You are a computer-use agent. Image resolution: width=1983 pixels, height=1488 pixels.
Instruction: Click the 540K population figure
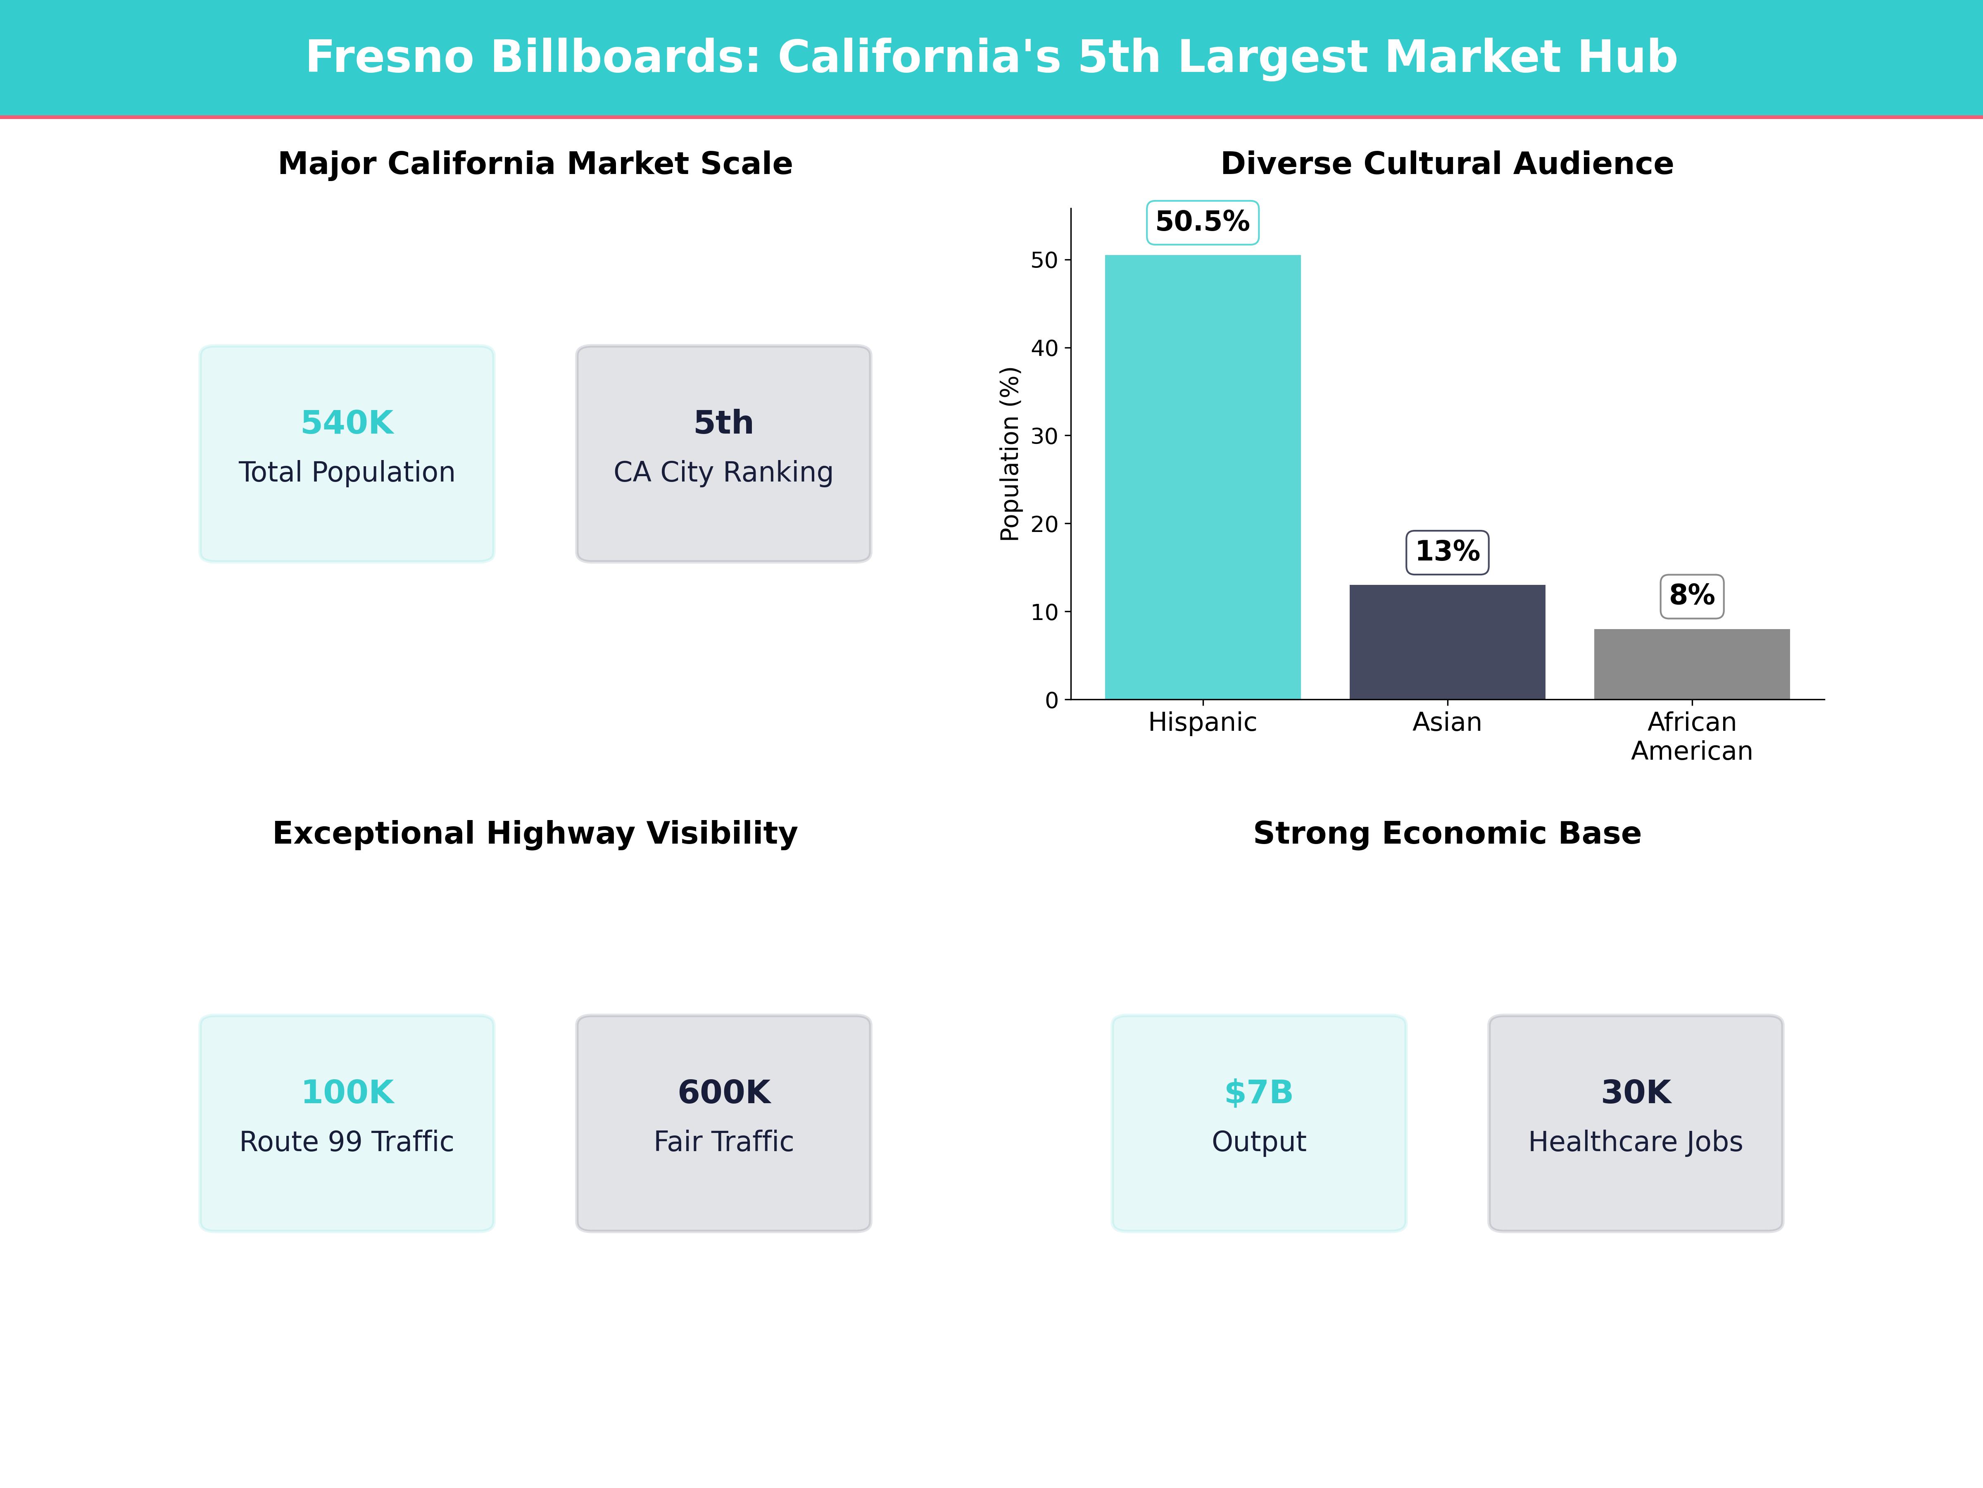[x=347, y=422]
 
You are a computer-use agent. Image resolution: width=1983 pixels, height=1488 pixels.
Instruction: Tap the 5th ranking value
[x=723, y=422]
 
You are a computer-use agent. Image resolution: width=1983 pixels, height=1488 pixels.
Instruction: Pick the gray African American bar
[x=1692, y=664]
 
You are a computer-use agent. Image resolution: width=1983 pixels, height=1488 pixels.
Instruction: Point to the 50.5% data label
[x=1202, y=222]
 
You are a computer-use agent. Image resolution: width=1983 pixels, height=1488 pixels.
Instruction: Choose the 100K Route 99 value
[x=347, y=1092]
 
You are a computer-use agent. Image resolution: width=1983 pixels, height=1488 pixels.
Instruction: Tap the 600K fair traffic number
[x=723, y=1092]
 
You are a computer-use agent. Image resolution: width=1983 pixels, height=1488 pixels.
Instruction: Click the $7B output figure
[x=1259, y=1092]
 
